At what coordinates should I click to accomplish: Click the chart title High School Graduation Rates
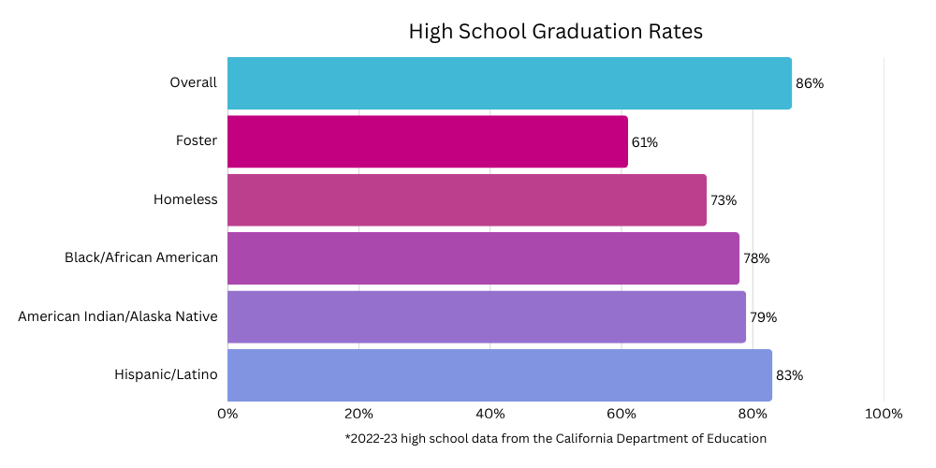(555, 31)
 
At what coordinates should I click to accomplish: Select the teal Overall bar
(508, 83)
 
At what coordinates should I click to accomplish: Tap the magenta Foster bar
(427, 141)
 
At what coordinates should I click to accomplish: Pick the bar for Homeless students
(466, 199)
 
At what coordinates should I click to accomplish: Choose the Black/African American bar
(482, 258)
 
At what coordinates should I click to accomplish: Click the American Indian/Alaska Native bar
(486, 316)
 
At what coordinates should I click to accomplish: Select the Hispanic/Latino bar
(499, 375)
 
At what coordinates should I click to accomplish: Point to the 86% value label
(810, 83)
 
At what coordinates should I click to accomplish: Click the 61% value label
(644, 142)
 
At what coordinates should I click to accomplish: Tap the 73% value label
(724, 200)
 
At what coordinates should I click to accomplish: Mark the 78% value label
(756, 258)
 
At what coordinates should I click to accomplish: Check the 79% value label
(763, 317)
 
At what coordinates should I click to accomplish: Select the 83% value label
(789, 375)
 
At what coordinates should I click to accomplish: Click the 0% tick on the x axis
(227, 414)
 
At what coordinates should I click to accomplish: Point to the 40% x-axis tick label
(490, 414)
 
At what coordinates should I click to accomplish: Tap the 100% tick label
(884, 414)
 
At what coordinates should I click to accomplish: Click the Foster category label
(197, 141)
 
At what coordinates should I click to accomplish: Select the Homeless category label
(185, 199)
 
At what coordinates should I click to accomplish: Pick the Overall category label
(193, 82)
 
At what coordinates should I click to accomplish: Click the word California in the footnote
(590, 438)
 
